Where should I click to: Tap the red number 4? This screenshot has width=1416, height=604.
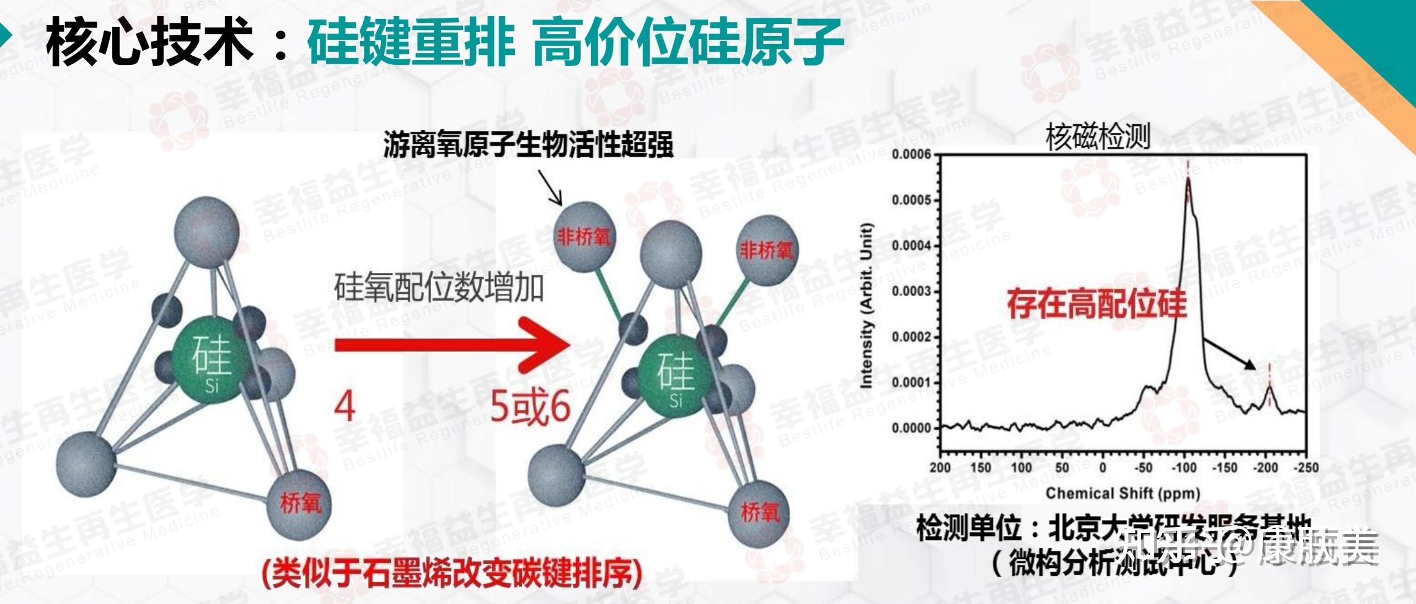coord(345,406)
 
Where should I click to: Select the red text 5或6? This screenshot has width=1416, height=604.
coord(530,407)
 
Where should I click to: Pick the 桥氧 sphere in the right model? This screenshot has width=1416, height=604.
coord(759,512)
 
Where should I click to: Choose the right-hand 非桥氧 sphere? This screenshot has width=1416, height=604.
coord(766,250)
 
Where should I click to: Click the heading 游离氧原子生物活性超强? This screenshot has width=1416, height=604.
coord(529,145)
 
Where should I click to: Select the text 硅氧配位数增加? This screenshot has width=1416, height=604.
coord(439,288)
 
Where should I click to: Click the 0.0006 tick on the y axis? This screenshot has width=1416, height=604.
coord(911,154)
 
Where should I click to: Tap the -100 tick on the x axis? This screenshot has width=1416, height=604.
coord(1184,468)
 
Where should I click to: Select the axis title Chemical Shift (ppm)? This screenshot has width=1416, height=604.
coord(1123,493)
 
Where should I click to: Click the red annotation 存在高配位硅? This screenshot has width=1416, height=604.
coord(1097,304)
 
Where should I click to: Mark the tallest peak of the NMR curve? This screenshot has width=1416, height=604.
coord(1188,179)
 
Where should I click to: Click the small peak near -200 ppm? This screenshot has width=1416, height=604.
coord(1269,387)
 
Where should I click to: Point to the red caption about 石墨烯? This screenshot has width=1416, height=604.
coord(452,573)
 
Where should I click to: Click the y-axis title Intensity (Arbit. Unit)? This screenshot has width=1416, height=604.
coord(866,306)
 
